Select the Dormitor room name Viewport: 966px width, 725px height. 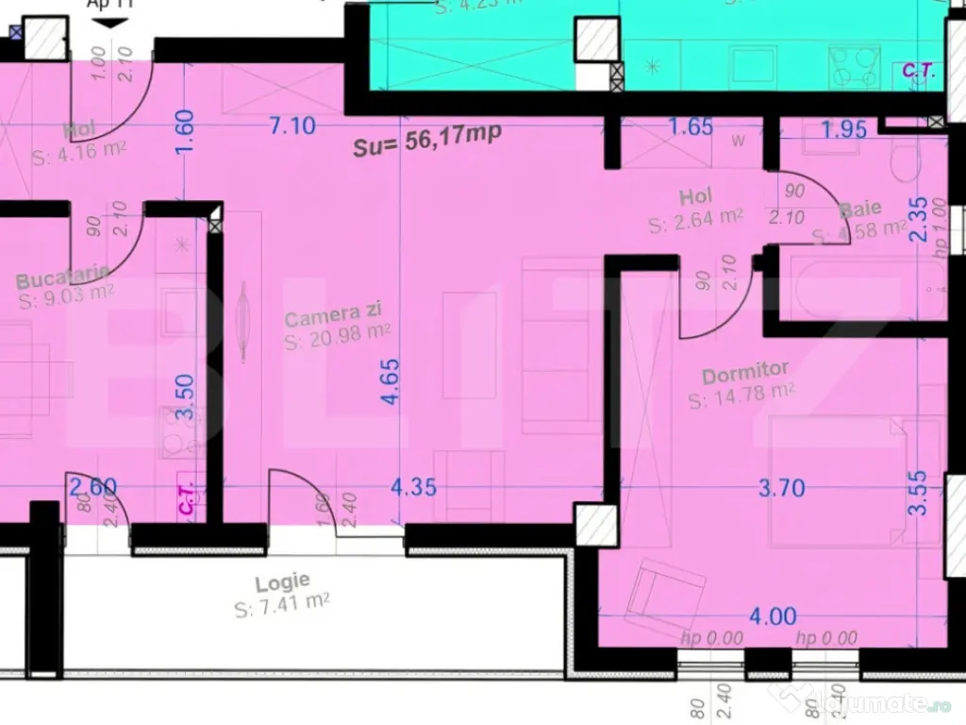coord(744,375)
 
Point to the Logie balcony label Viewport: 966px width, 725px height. coord(282,582)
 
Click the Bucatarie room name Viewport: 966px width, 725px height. coord(63,279)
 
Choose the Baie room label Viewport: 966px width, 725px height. coord(861,210)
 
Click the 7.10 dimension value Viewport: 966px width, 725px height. coord(291,125)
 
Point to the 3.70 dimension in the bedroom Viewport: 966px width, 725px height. coord(782,488)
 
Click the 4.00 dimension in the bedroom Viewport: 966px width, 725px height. coord(773,616)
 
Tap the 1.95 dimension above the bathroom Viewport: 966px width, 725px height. coord(842,129)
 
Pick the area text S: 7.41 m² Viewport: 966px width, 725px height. coord(282,604)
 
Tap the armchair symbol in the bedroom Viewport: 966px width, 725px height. coord(669,597)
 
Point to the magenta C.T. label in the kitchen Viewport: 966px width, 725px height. coord(186,497)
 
